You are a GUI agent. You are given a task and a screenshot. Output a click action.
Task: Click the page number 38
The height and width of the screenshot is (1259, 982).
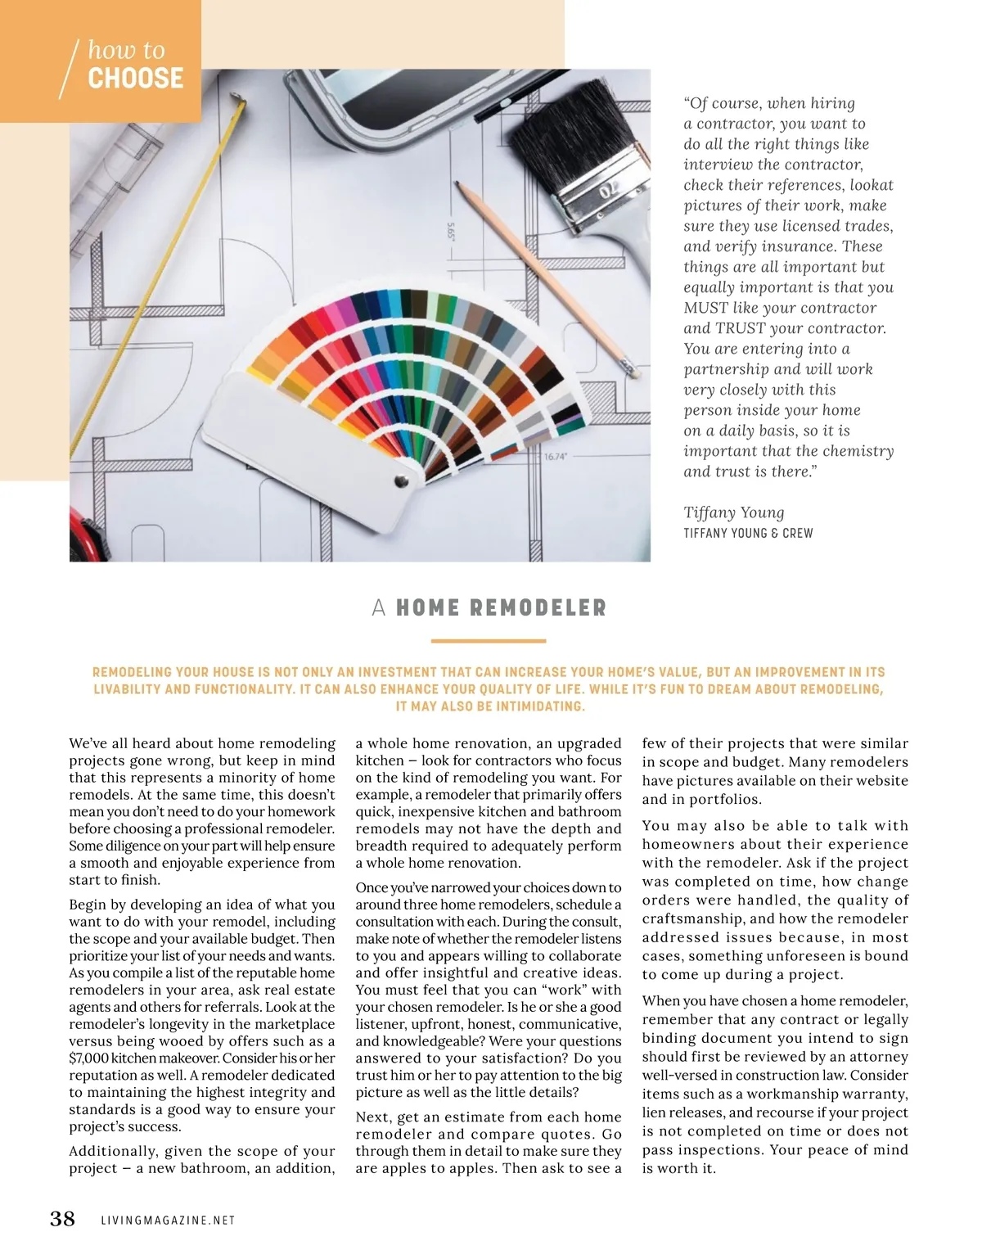[62, 1219]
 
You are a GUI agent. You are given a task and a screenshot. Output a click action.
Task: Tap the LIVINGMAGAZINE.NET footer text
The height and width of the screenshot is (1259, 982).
[168, 1221]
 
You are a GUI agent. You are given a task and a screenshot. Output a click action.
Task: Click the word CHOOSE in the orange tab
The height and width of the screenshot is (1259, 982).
[136, 79]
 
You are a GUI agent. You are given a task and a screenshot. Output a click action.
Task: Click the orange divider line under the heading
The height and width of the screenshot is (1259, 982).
[489, 641]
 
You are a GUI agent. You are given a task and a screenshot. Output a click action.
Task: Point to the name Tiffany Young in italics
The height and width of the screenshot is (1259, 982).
[734, 512]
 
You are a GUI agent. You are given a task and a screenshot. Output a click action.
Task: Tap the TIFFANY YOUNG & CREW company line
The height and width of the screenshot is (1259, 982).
[748, 534]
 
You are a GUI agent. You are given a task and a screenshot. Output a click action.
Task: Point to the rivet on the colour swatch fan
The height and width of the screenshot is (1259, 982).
[401, 481]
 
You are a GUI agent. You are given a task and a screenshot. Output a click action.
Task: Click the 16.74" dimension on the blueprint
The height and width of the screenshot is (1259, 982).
[556, 457]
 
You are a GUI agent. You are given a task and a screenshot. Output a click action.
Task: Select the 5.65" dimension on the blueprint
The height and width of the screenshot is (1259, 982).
[451, 232]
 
